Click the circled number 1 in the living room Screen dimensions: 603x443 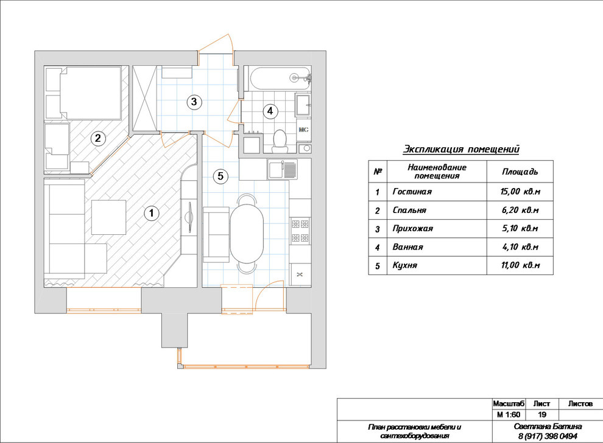point(152,213)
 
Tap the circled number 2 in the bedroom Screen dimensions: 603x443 point(97,138)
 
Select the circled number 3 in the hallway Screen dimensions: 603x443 point(194,102)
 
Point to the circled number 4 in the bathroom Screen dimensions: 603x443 point(270,111)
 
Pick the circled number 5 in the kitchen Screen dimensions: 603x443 point(220,176)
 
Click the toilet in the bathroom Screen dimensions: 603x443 point(280,141)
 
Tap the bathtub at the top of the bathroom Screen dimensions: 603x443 point(280,78)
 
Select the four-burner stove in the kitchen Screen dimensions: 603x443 point(300,231)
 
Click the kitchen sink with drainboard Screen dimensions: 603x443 point(283,169)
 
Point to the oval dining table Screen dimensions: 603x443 point(247,234)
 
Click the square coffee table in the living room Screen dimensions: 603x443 point(109,217)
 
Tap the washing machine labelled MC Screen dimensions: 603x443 point(303,130)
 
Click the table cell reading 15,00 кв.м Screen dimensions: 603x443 point(520,191)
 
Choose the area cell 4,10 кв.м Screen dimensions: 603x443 point(520,247)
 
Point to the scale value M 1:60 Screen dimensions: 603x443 point(509,414)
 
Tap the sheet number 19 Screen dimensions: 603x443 point(542,414)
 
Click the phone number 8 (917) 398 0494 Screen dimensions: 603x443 point(548,436)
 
